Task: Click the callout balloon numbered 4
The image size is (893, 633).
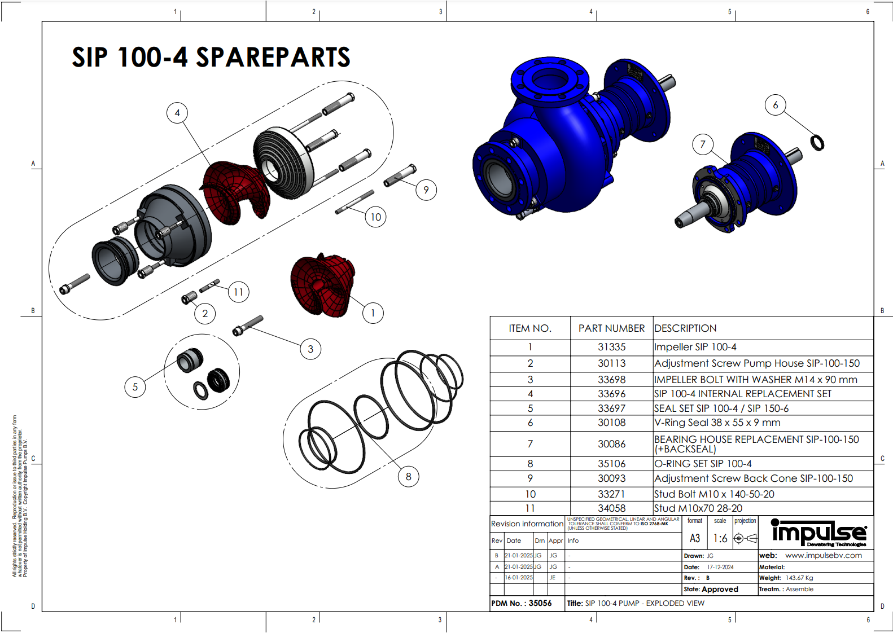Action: click(177, 113)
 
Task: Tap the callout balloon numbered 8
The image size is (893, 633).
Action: click(408, 477)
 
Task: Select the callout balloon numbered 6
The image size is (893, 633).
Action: click(775, 105)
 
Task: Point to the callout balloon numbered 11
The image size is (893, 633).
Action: click(238, 292)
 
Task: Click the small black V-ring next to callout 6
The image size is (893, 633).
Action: click(817, 143)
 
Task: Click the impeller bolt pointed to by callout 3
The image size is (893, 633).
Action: click(248, 326)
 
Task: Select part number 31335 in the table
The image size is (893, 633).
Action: click(611, 347)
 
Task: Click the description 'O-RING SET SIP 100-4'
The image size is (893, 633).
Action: click(703, 464)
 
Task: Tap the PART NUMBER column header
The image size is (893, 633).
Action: click(611, 328)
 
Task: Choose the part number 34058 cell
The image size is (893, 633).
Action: click(611, 508)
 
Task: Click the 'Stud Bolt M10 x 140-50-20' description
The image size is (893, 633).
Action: click(714, 494)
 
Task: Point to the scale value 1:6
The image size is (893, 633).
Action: click(720, 539)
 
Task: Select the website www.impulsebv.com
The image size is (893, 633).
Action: click(823, 555)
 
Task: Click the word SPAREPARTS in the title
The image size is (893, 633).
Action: click(273, 58)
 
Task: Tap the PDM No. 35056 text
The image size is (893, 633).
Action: click(521, 603)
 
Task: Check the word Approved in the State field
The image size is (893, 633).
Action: click(720, 589)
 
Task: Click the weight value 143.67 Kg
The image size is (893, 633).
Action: click(799, 578)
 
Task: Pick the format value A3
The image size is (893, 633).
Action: click(695, 539)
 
